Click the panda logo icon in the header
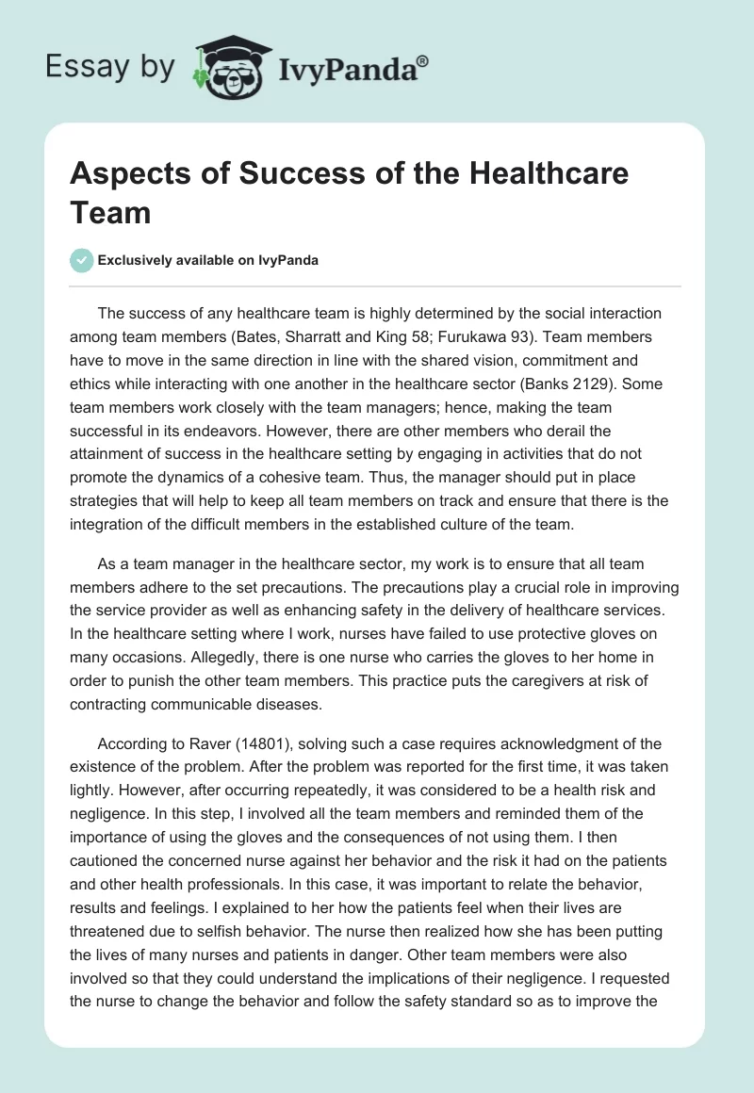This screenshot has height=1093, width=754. (x=226, y=67)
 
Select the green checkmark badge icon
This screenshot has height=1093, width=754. (x=82, y=260)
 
